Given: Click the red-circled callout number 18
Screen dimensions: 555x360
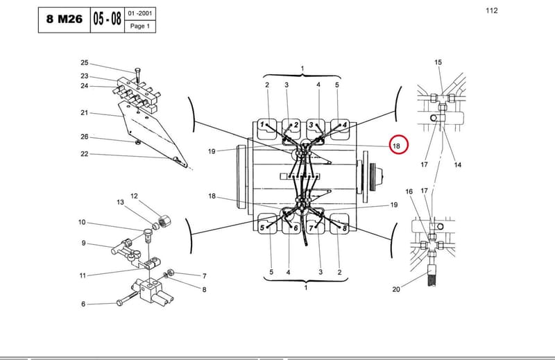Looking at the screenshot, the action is pos(396,146).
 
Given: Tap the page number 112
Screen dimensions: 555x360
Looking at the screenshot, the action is pos(492,10).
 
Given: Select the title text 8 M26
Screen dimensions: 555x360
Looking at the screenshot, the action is pos(65,19).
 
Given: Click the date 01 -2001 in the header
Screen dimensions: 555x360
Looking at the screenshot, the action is pos(140,13).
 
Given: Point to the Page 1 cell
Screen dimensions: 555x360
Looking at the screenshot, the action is pos(140,26).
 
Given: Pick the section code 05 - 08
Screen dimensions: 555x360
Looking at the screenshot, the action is pos(108,19).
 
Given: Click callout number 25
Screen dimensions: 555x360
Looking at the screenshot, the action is pos(84,62).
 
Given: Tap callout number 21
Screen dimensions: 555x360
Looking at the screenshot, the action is pos(84,112).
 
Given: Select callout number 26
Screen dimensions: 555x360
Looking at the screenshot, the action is pos(84,137).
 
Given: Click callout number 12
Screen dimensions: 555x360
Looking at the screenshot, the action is pos(134,196).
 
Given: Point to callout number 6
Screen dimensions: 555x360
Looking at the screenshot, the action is pos(83,304).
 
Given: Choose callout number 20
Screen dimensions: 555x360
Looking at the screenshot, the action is pos(396,289).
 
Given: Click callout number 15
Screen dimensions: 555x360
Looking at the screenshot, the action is pos(438,62).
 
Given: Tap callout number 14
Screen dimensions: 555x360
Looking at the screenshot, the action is pos(458,164).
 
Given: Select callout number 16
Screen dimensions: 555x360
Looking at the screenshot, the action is pos(409,191).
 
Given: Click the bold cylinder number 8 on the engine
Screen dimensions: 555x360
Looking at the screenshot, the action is pos(344,228).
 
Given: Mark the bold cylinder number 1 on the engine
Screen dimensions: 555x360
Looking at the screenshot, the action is pos(262,124).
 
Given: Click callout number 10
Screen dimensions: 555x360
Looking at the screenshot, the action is pos(82,222).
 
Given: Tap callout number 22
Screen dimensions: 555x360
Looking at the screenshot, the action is pos(84,153).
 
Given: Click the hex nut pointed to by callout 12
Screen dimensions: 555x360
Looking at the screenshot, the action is pos(165,221).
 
